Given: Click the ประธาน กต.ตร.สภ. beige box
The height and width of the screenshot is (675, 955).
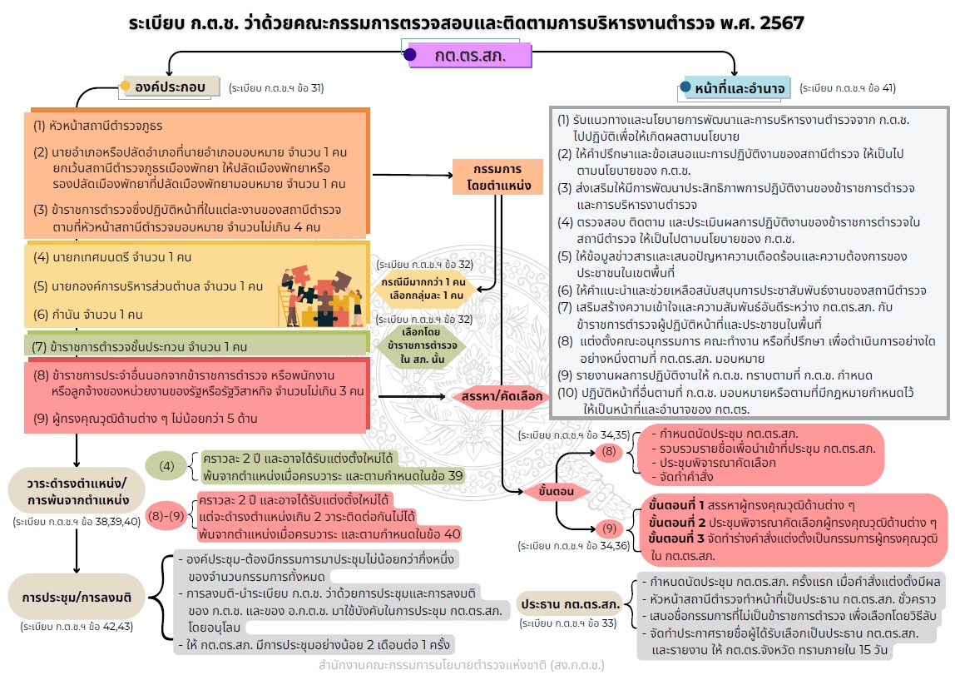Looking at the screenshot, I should click(x=570, y=603).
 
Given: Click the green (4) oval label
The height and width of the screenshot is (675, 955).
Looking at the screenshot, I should click(x=167, y=466).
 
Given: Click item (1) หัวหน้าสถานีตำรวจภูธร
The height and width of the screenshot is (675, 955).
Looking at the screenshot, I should click(x=98, y=127).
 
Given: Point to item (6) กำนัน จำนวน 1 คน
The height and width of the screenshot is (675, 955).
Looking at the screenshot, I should click(x=88, y=314).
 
